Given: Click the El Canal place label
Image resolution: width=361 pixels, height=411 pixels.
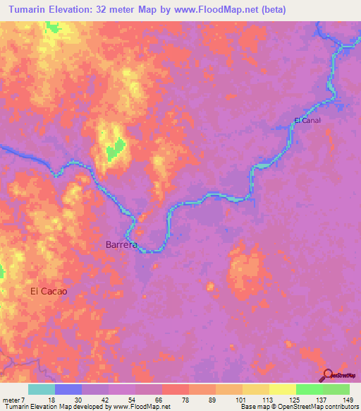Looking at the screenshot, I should [307, 120].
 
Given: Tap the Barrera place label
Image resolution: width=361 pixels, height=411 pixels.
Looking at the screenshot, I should [121, 245].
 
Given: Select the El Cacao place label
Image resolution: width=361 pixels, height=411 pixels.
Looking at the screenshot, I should [49, 290].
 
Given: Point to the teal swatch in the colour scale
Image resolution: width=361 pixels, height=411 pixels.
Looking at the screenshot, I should [42, 389].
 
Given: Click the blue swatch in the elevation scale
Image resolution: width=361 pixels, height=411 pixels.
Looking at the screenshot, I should [68, 389].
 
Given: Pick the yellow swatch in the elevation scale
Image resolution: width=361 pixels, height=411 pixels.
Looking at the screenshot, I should [282, 389].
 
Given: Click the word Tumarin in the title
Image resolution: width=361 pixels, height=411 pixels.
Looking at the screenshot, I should [31, 10].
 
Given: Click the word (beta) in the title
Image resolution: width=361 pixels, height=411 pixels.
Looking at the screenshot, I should [272, 10].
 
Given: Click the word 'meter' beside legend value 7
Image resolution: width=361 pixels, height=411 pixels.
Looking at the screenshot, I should [12, 399].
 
